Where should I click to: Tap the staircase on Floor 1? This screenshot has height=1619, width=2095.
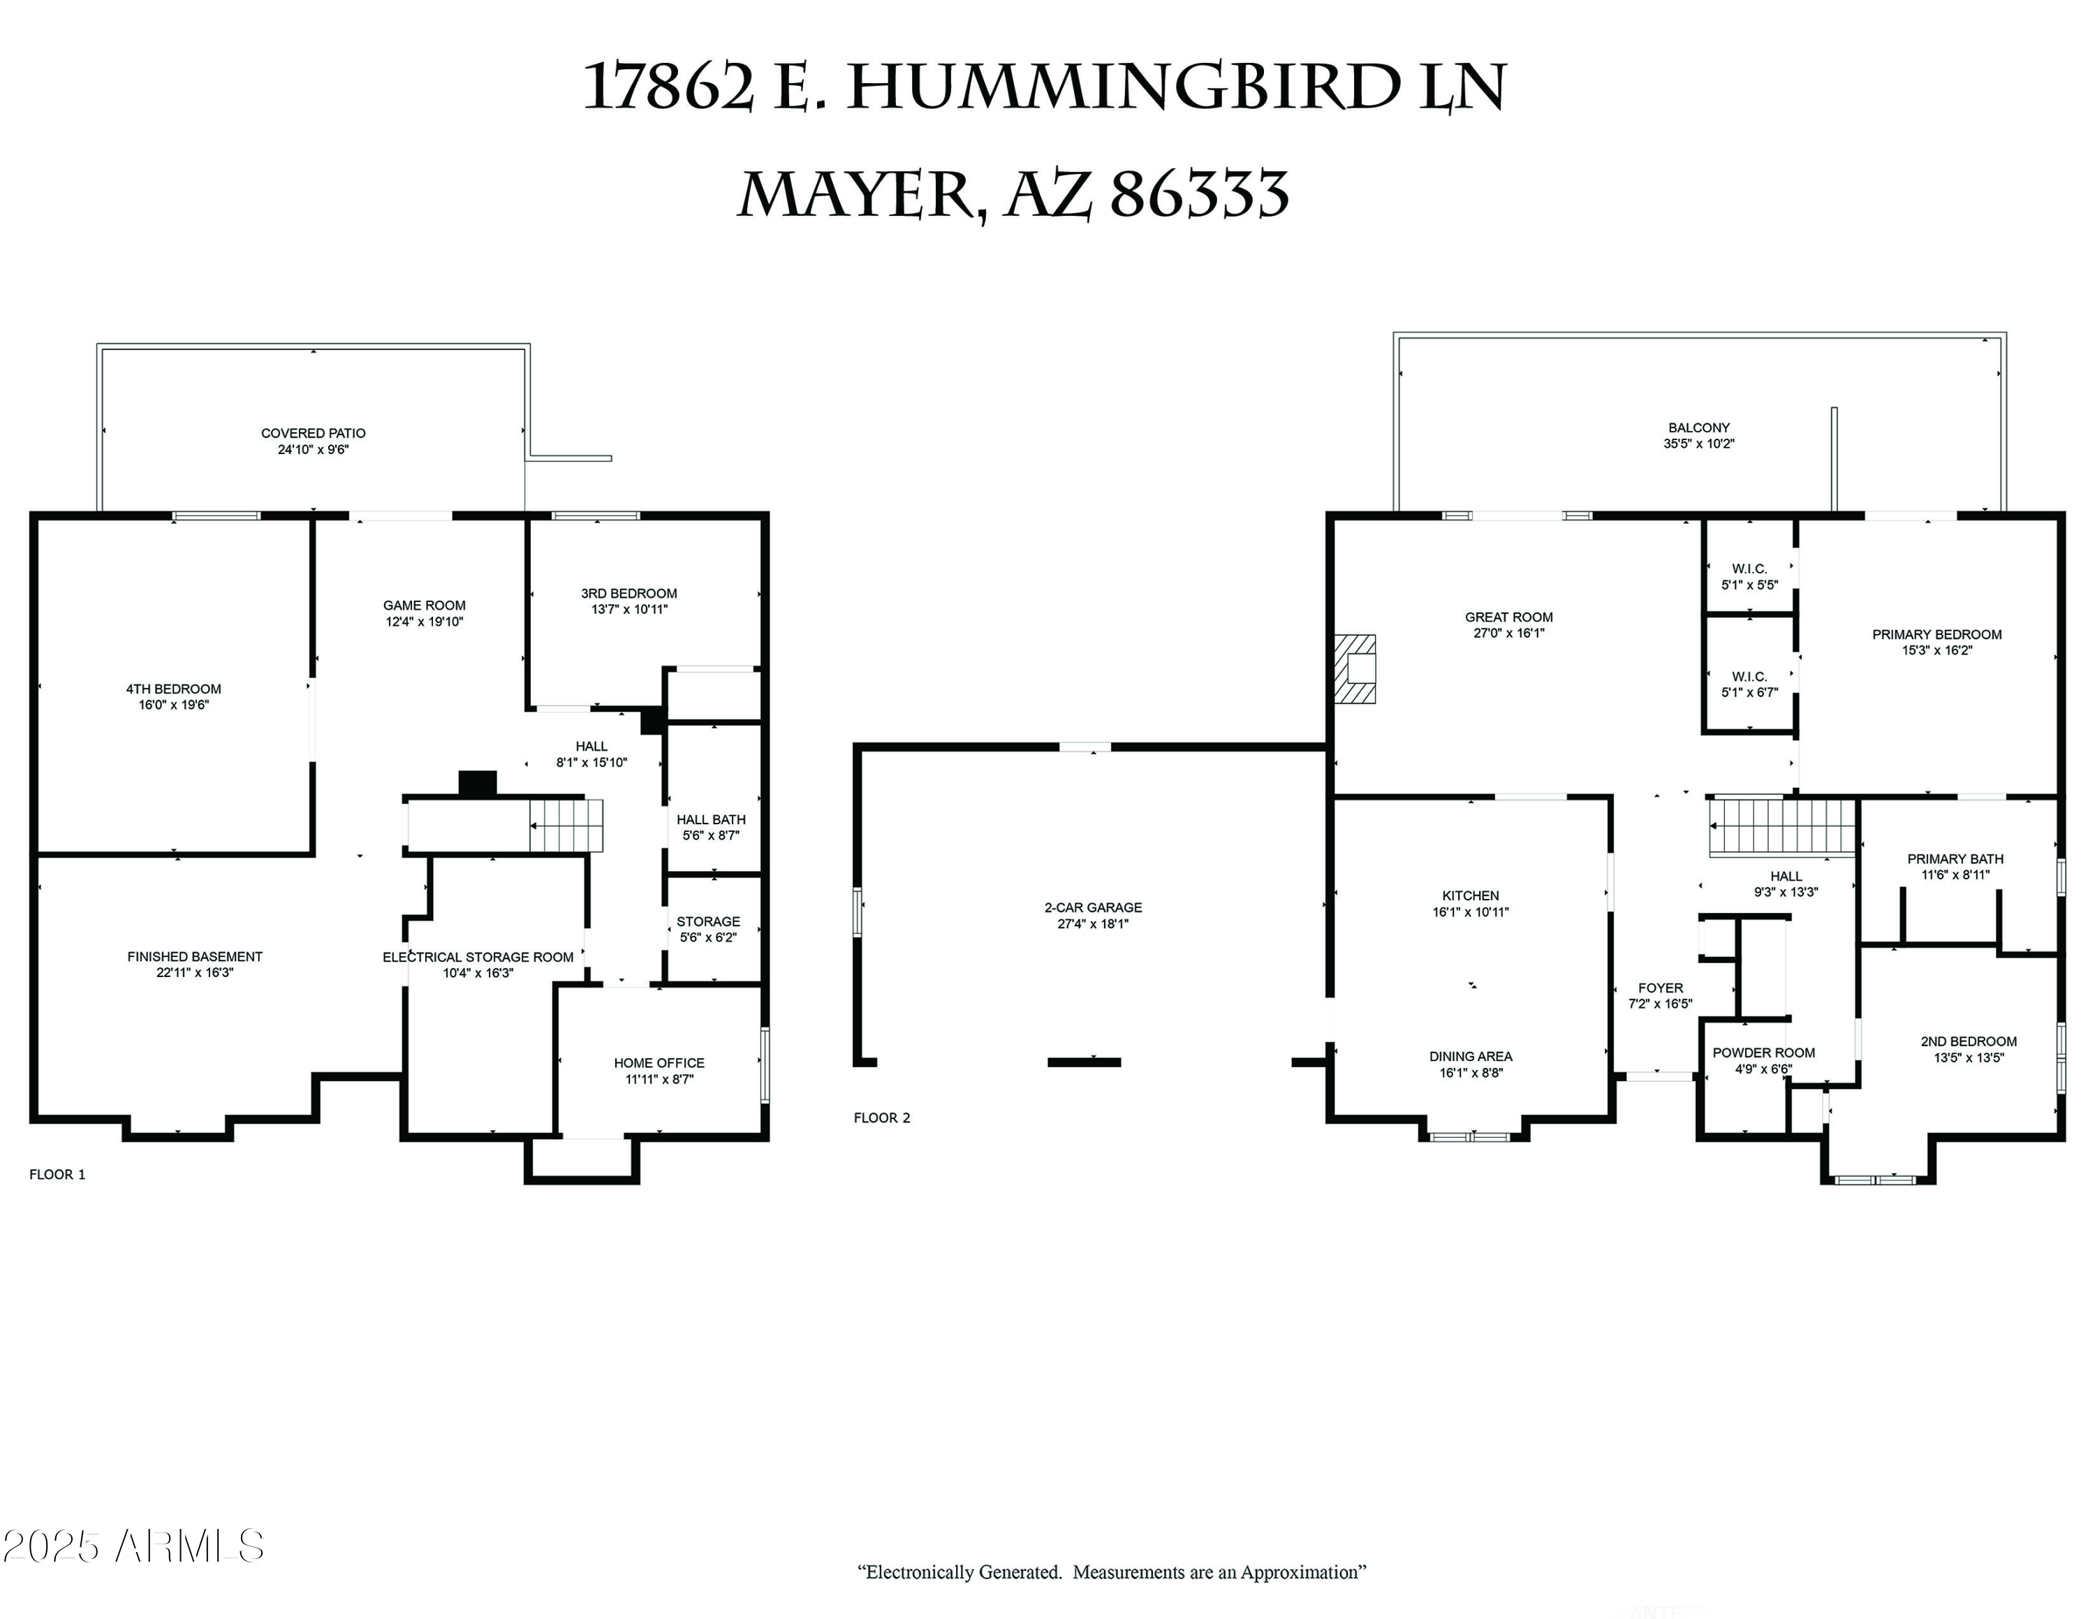click(x=567, y=825)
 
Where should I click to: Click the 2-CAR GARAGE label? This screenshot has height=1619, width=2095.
click(x=1093, y=907)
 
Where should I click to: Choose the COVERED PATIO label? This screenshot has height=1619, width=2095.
click(x=314, y=434)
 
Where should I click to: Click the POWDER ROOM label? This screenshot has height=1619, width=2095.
click(x=1763, y=1053)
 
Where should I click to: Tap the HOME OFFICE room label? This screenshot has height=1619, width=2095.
click(x=659, y=1063)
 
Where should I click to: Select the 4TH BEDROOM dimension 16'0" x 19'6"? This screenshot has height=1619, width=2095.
click(x=174, y=705)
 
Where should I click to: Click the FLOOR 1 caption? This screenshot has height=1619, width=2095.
click(x=57, y=1175)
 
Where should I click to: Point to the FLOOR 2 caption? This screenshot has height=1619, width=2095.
click(x=881, y=1118)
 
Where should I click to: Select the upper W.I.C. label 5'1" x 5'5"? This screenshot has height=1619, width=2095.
click(x=1749, y=576)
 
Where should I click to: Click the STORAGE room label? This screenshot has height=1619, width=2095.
click(x=708, y=922)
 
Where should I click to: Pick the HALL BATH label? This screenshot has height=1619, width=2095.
click(x=711, y=820)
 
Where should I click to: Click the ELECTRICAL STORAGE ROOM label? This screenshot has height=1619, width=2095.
click(x=478, y=957)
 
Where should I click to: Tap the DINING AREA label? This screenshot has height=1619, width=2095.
click(x=1471, y=1057)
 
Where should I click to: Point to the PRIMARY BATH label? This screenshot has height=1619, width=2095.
click(x=1955, y=859)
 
